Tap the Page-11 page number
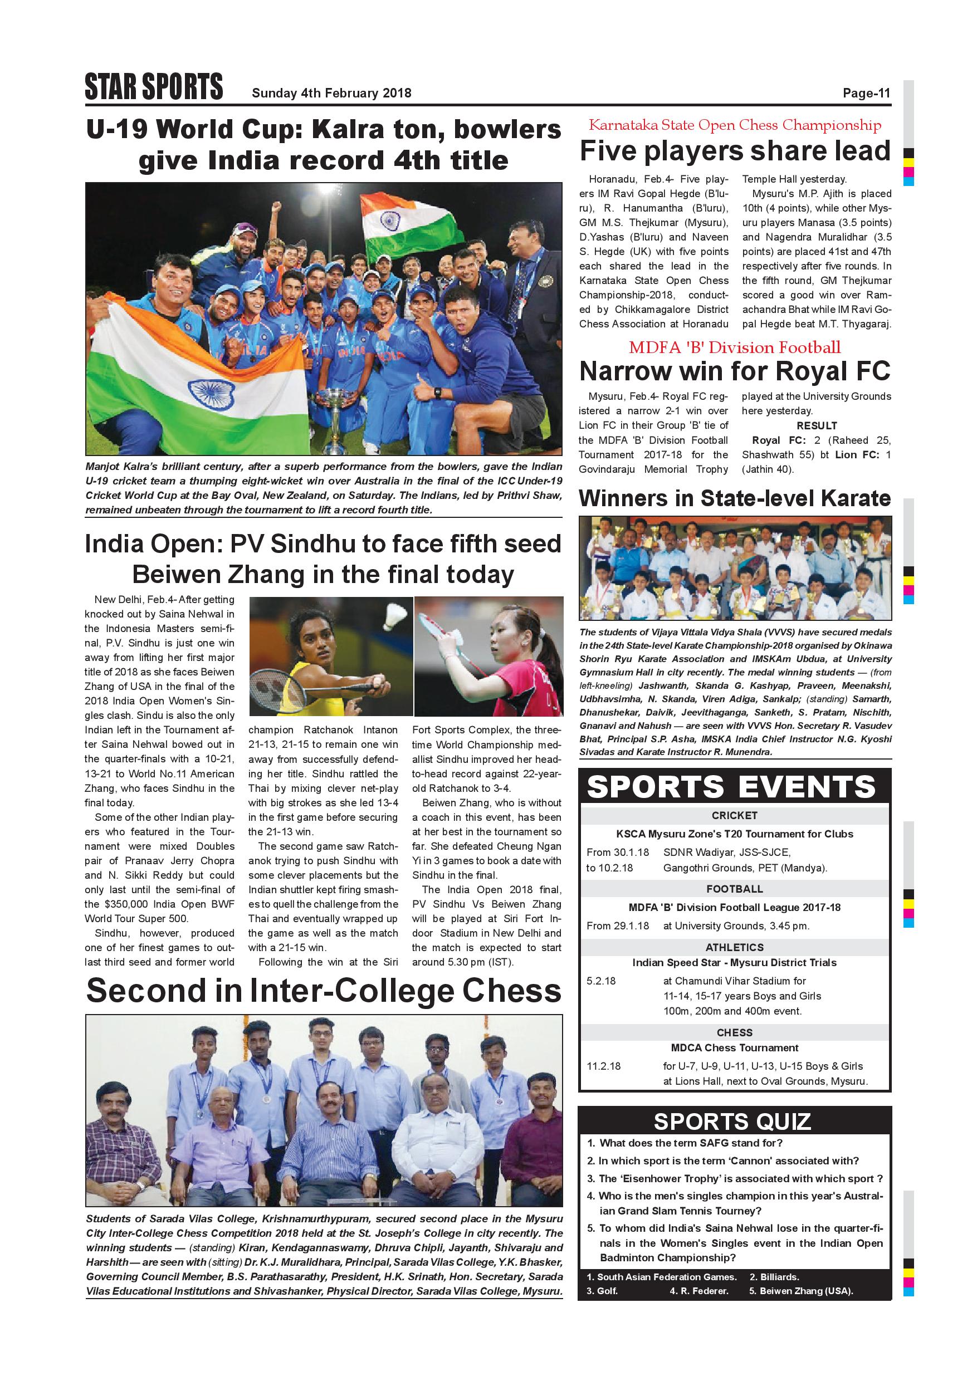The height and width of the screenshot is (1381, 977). click(x=866, y=93)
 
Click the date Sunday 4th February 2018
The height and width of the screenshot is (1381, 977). click(x=331, y=93)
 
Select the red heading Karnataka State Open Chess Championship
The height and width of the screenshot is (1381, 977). click(x=735, y=125)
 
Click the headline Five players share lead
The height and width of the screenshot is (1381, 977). click(x=735, y=151)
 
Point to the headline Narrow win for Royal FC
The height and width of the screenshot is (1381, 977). click(x=735, y=371)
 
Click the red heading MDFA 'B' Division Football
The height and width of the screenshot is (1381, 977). click(x=735, y=347)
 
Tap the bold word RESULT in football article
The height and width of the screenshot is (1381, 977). click(x=817, y=425)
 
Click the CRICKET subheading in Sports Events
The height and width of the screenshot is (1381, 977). click(x=734, y=816)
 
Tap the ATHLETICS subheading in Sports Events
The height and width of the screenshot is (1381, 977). click(x=734, y=947)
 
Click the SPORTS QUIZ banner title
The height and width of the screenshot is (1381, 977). click(x=732, y=1122)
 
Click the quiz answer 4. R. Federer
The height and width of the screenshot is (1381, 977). click(x=698, y=1291)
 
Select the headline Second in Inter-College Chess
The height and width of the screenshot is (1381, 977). click(x=324, y=991)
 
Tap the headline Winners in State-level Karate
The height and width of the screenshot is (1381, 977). click(x=735, y=498)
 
